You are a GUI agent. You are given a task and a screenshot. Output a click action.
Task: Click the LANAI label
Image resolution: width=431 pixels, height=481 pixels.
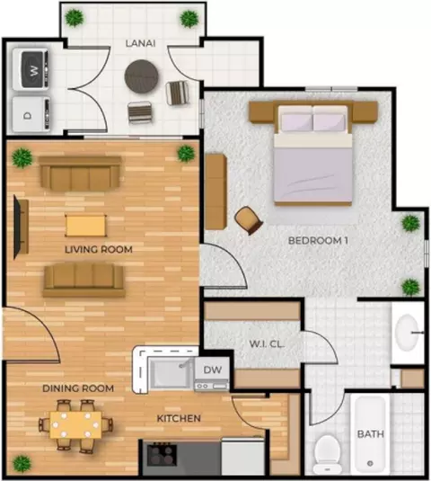point(140,43)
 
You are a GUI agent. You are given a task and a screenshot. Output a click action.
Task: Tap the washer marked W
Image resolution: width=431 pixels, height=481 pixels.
point(31,70)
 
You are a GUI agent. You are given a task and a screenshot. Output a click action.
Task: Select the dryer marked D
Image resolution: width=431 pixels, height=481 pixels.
point(31,114)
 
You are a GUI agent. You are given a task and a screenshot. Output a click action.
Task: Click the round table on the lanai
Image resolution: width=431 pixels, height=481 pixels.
point(141,76)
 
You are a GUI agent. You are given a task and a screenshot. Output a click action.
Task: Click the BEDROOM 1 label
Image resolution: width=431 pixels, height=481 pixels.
point(318,241)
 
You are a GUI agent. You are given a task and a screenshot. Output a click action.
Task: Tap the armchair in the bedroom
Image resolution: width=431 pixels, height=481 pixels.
point(249,220)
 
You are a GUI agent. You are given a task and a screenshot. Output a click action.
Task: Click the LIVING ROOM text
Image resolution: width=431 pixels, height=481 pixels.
point(99,249)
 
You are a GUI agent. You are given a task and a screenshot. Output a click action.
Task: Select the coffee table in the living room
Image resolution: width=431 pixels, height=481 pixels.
point(86,226)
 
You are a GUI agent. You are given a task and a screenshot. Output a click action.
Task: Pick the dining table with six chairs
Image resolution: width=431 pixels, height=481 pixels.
point(75,425)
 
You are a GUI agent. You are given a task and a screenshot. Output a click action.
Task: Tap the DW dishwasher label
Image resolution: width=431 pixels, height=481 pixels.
point(212,370)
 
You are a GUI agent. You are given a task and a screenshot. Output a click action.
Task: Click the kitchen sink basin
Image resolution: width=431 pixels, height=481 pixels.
point(170,373)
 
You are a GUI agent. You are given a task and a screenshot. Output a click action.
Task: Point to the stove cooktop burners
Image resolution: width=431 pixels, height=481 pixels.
point(162,455)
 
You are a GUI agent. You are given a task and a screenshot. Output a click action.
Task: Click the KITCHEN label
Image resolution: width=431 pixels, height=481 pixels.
point(179,418)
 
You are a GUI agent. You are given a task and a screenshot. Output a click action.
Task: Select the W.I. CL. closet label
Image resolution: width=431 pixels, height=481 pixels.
point(267,343)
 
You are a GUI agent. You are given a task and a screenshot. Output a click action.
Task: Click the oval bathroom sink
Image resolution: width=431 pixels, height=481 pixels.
point(407,333)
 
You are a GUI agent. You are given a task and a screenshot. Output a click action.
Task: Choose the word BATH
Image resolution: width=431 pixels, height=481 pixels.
point(370,433)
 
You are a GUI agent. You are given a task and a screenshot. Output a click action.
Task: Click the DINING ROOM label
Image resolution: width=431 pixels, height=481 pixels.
point(78,388)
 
